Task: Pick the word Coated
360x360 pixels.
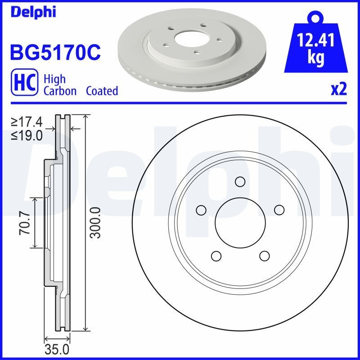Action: click(102, 91)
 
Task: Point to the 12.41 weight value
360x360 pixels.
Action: click(316, 41)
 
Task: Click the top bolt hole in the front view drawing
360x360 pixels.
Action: click(240, 182)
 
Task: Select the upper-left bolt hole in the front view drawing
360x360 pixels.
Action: click(201, 210)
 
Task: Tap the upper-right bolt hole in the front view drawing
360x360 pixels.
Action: click(279, 210)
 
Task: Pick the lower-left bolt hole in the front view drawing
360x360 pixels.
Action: click(216, 256)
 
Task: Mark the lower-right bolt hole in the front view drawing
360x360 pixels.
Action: click(264, 256)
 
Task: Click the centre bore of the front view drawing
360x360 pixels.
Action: click(240, 223)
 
